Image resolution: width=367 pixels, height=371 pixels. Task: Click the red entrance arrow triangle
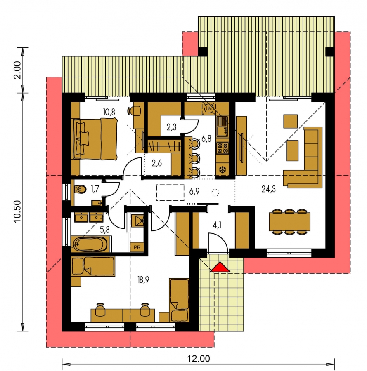(x=220, y=267)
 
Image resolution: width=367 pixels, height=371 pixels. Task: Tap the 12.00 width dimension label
(x=199, y=359)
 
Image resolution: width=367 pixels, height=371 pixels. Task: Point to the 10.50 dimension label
(x=17, y=211)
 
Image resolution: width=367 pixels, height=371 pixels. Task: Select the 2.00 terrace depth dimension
(x=17, y=70)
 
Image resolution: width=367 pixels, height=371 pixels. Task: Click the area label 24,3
(x=269, y=189)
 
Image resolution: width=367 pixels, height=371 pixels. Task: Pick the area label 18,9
(x=143, y=280)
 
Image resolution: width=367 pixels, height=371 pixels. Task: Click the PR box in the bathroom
(x=137, y=247)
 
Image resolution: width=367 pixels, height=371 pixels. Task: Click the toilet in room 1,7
(x=81, y=189)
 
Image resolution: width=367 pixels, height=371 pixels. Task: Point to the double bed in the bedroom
(x=96, y=139)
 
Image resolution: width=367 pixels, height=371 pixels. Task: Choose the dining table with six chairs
(x=289, y=222)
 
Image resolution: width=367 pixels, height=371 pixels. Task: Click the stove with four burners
(x=223, y=148)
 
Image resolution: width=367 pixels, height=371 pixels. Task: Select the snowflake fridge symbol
(x=223, y=170)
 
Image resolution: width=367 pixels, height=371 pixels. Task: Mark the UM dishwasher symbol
(x=209, y=108)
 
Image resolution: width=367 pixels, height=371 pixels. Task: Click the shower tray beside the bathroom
(x=137, y=221)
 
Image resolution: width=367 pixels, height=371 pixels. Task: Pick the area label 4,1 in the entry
(x=217, y=225)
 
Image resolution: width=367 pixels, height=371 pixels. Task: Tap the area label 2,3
(x=171, y=127)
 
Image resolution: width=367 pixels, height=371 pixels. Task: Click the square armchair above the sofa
(x=291, y=121)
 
